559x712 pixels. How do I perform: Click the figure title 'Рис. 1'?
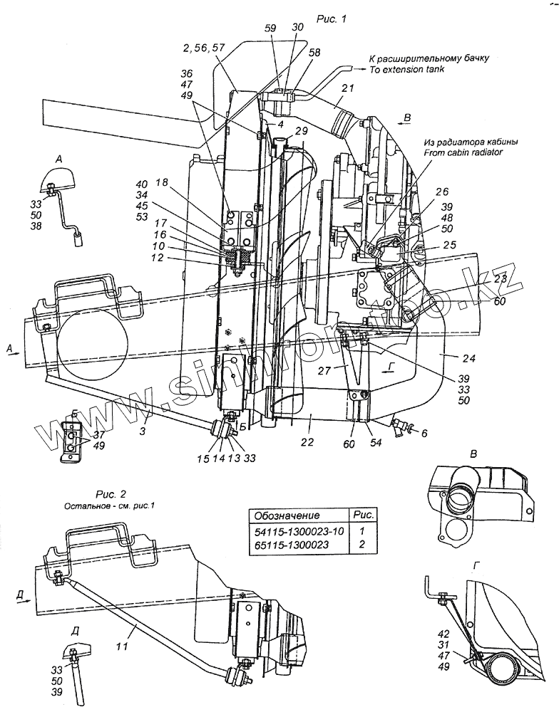331,19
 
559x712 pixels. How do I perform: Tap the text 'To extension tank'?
406,70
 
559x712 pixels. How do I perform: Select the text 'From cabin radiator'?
463,152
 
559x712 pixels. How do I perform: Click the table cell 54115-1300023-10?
299,531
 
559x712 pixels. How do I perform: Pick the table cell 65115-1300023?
291,545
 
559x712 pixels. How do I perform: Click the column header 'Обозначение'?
287,515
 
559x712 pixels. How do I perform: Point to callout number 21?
348,88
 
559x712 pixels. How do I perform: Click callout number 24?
469,359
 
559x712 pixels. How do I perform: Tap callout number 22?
307,442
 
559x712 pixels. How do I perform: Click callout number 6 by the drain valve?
424,433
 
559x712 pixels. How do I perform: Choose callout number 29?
301,131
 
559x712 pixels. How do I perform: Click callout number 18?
161,183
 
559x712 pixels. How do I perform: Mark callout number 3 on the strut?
143,431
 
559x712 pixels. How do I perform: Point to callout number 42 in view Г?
443,634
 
